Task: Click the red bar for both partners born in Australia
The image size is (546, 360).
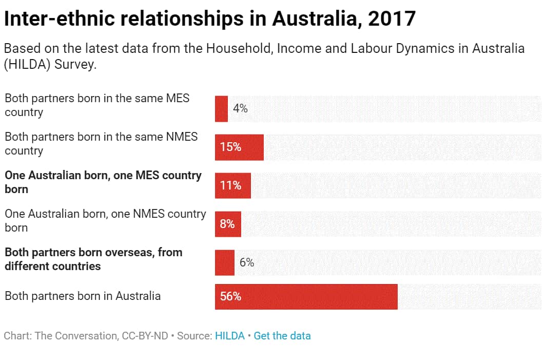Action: click(306, 297)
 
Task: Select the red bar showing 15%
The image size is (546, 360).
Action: click(239, 147)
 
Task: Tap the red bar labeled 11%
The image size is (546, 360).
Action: click(233, 185)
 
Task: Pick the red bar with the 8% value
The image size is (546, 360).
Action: click(228, 224)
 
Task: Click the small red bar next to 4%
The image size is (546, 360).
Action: click(221, 109)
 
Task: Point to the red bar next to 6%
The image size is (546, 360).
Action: click(224, 262)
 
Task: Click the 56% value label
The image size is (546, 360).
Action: click(230, 297)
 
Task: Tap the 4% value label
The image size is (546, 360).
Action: click(240, 109)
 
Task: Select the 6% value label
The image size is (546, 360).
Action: click(247, 262)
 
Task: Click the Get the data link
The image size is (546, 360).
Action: click(282, 336)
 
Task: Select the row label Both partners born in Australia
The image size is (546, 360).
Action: click(83, 296)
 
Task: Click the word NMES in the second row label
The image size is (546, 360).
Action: click(182, 137)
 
